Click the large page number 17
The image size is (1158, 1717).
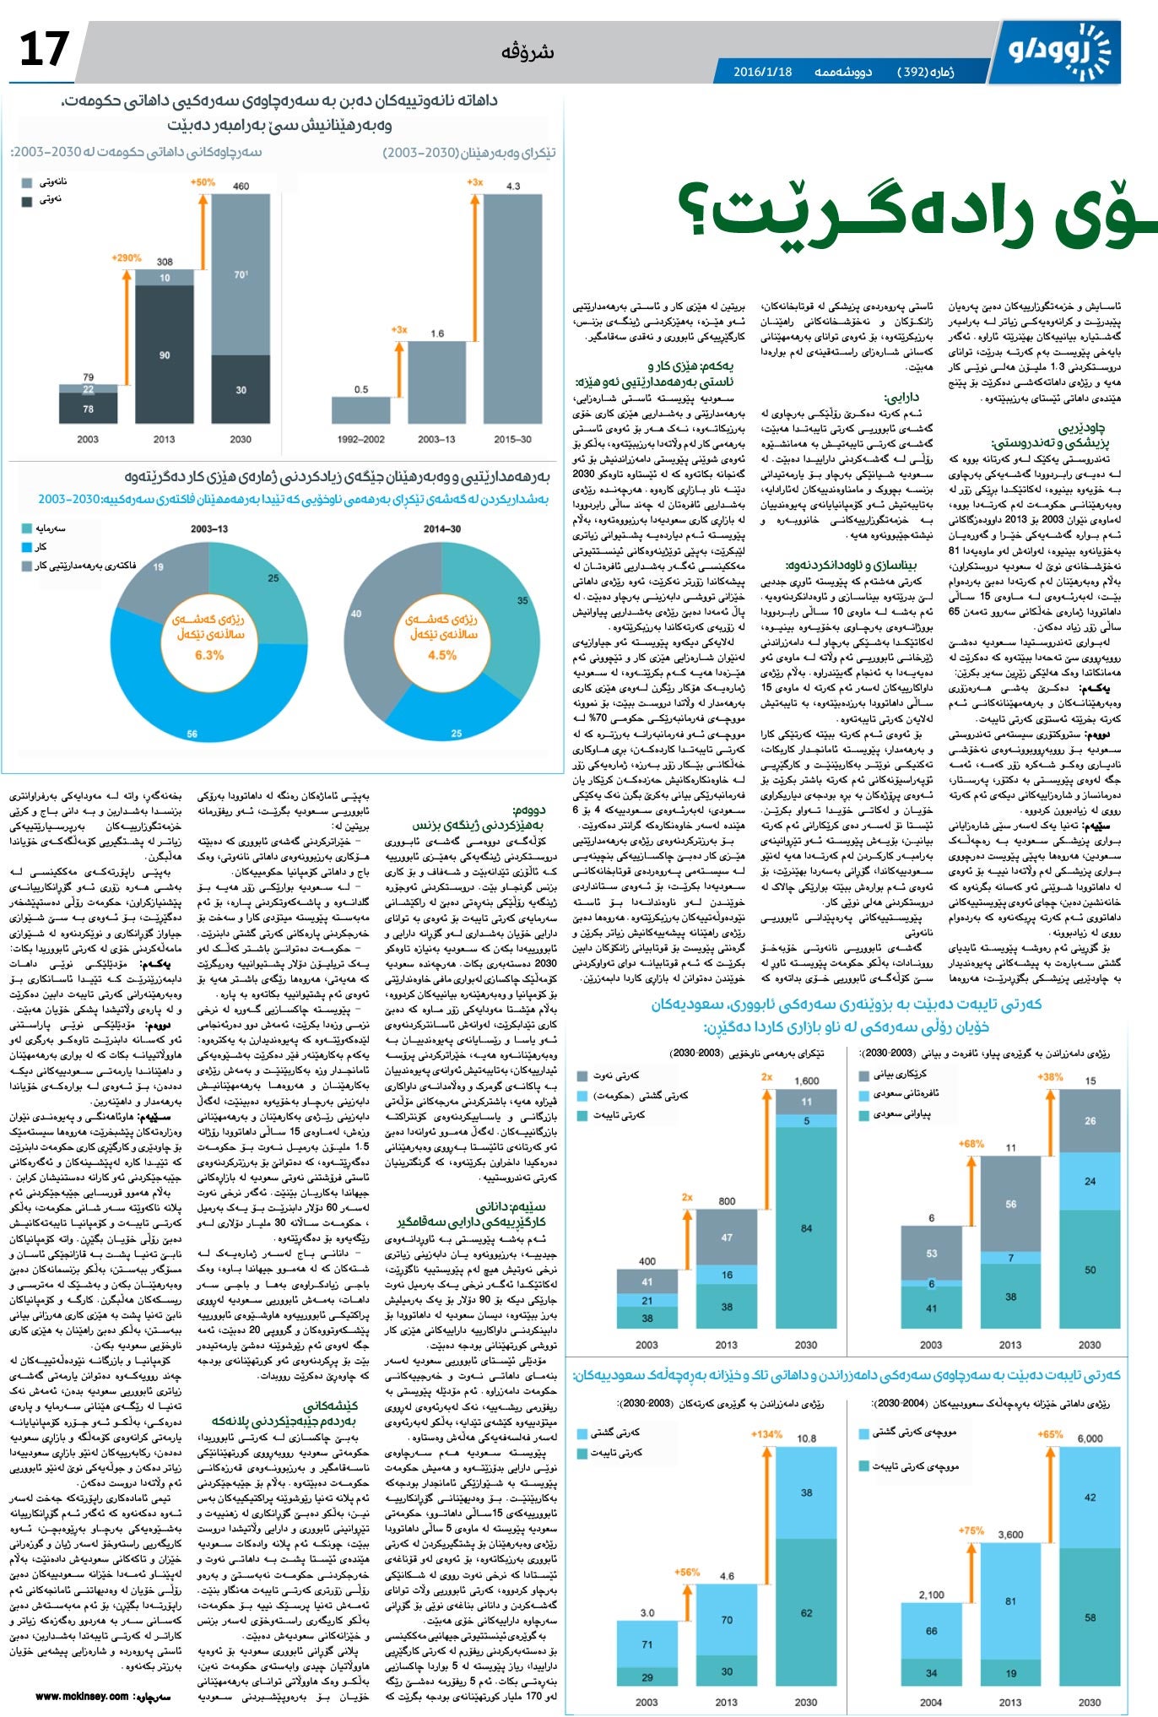pos(43,49)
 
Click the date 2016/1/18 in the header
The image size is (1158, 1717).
pos(762,72)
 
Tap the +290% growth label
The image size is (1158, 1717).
pos(127,257)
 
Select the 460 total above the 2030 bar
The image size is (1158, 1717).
pos(241,186)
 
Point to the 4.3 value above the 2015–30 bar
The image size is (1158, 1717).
pos(513,186)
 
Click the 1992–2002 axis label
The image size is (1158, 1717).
pos(360,439)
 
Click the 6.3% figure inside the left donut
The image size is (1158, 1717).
pos(209,655)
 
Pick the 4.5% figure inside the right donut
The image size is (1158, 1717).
pos(441,655)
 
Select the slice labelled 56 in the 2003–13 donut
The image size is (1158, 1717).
pos(192,734)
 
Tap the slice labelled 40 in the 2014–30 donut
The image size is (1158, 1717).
pos(356,614)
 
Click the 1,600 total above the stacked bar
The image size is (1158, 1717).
pos(806,1081)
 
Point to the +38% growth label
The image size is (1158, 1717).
pos(1050,1077)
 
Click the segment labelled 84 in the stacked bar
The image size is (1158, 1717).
pos(807,1228)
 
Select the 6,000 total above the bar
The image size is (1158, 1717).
pos(1090,1438)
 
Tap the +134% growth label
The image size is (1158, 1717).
pos(766,1434)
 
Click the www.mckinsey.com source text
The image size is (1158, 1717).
pos(82,1696)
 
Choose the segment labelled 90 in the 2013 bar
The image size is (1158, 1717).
pos(165,355)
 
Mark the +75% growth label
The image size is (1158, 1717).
pos(971,1530)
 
